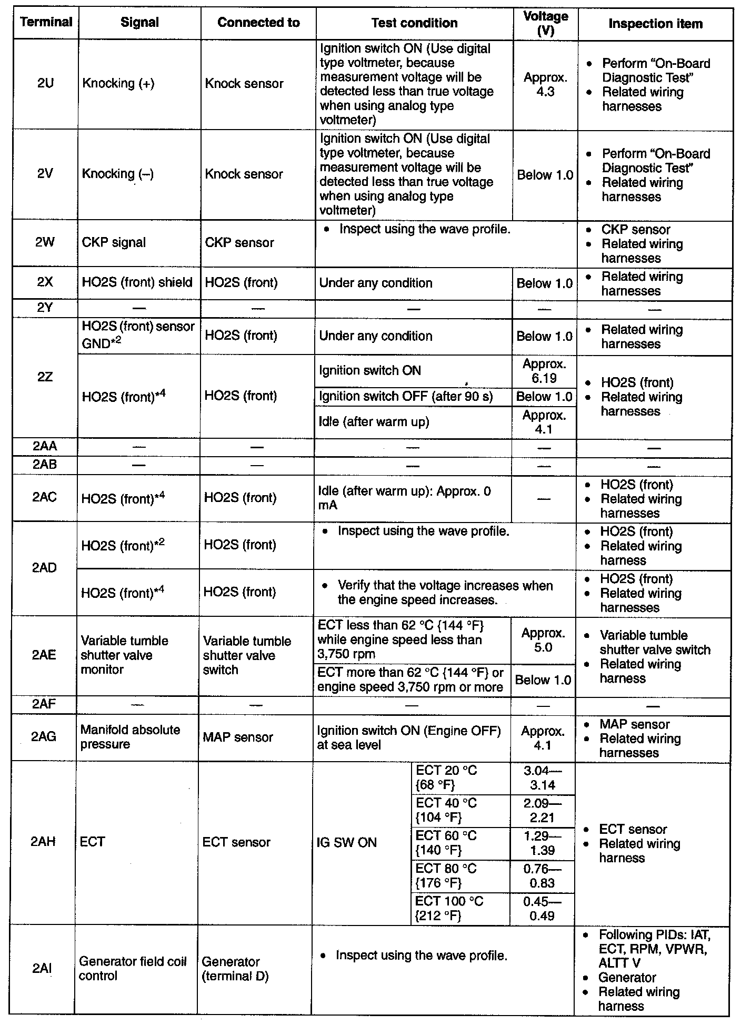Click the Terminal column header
click(x=46, y=22)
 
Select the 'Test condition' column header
click(x=414, y=23)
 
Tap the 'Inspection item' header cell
click(x=655, y=24)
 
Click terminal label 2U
click(x=46, y=83)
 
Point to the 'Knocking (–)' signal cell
click(x=118, y=174)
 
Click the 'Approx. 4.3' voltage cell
click(x=545, y=85)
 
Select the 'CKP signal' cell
click(x=114, y=242)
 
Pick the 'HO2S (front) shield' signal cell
click(x=137, y=283)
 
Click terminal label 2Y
click(x=45, y=308)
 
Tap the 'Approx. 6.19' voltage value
click(x=544, y=371)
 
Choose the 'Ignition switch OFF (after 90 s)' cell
click(x=406, y=396)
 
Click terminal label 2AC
click(x=45, y=497)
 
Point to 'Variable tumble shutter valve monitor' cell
click(x=125, y=655)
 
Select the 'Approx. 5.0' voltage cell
click(x=543, y=640)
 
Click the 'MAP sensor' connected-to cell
click(x=238, y=737)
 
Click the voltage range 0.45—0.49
click(x=542, y=909)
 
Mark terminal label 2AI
click(x=42, y=968)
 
